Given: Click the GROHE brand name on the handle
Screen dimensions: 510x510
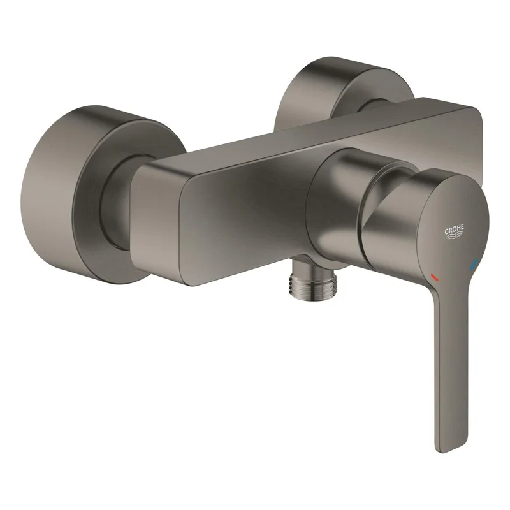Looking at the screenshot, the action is [455, 230].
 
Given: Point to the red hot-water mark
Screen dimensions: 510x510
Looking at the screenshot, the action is [434, 277].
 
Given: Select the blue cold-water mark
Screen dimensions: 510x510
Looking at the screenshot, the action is [475, 263].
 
